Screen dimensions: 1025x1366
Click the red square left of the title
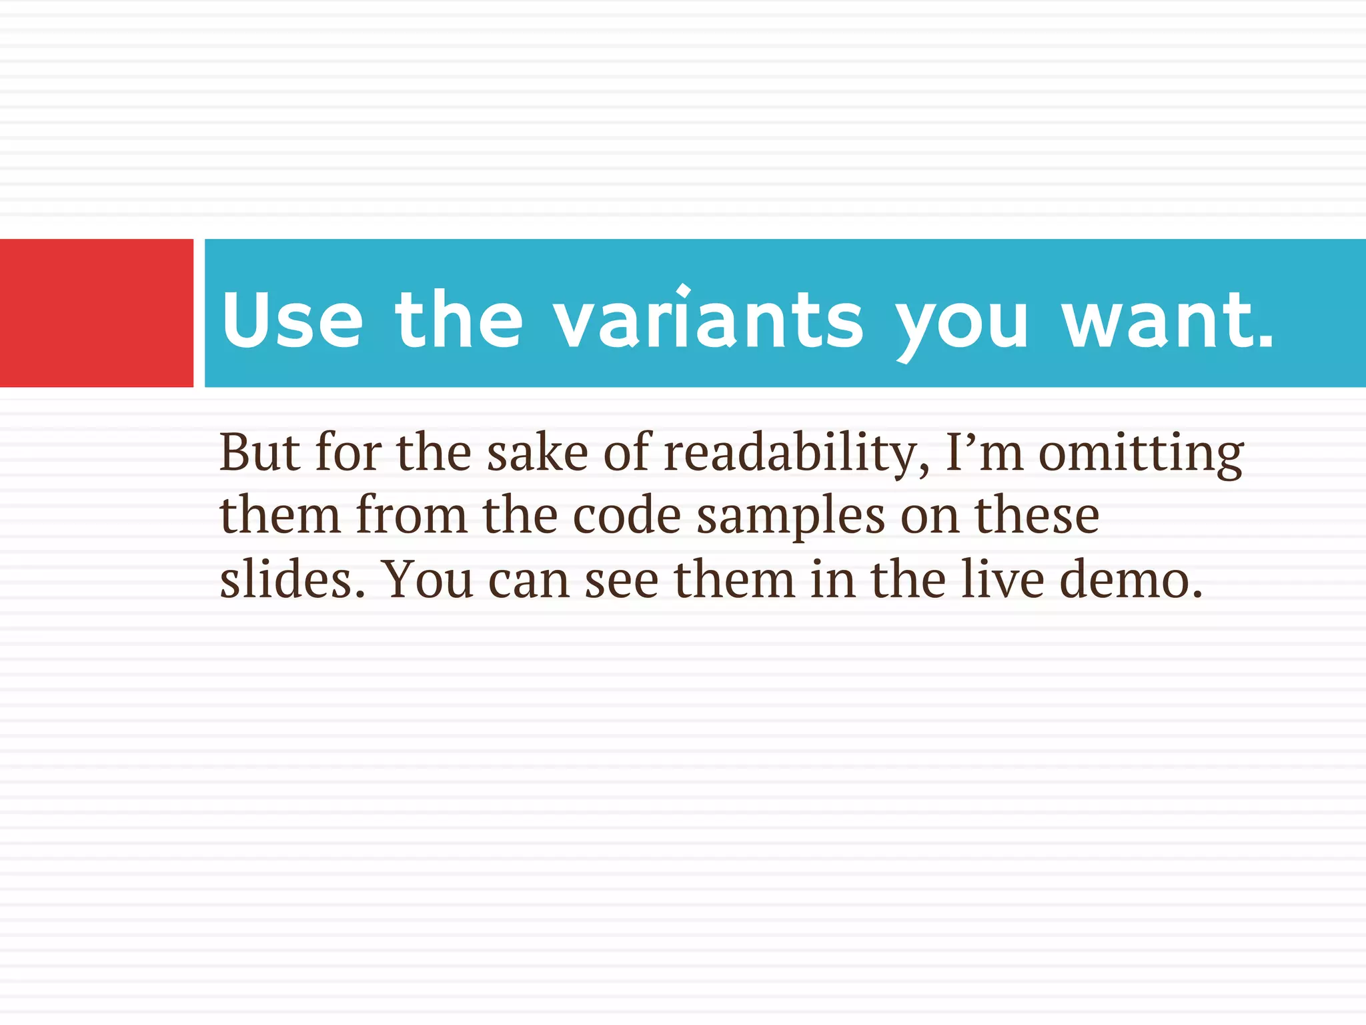(x=96, y=312)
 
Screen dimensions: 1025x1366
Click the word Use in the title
(x=292, y=320)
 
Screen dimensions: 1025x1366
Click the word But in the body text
(x=259, y=453)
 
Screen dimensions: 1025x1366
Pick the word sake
(x=537, y=453)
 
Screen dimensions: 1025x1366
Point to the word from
(x=411, y=516)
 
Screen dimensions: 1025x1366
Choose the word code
(x=626, y=516)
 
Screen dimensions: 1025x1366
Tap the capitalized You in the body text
(x=430, y=579)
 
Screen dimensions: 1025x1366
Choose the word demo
(x=1131, y=579)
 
